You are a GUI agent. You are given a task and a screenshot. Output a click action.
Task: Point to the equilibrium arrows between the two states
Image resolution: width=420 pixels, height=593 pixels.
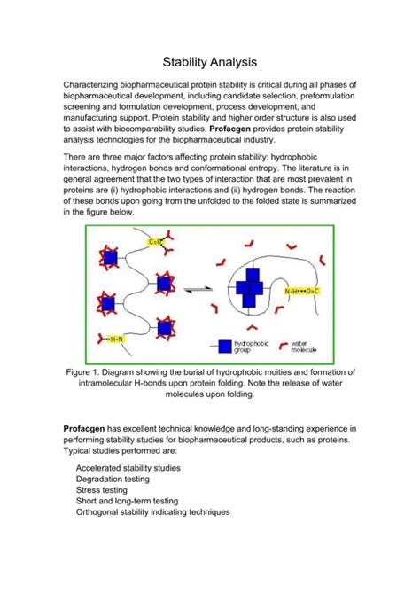pos(199,288)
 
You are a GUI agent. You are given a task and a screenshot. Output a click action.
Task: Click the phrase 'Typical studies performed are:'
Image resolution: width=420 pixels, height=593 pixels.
pos(121,451)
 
